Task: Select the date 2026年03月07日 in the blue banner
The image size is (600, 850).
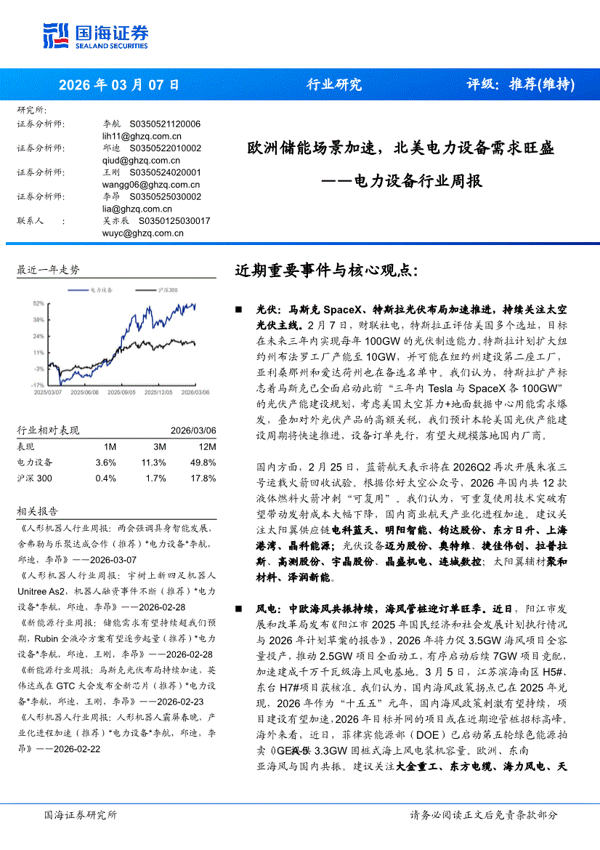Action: click(119, 84)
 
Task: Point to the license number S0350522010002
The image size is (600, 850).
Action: click(165, 148)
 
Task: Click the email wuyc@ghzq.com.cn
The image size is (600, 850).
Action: click(143, 233)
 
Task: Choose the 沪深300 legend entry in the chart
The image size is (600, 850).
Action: click(166, 290)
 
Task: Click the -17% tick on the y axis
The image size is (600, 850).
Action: click(38, 384)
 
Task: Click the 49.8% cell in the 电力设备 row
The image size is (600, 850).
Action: click(203, 462)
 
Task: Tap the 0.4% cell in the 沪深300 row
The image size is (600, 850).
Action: click(105, 478)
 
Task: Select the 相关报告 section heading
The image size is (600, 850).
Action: click(36, 513)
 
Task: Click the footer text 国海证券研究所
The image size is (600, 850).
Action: click(80, 815)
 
